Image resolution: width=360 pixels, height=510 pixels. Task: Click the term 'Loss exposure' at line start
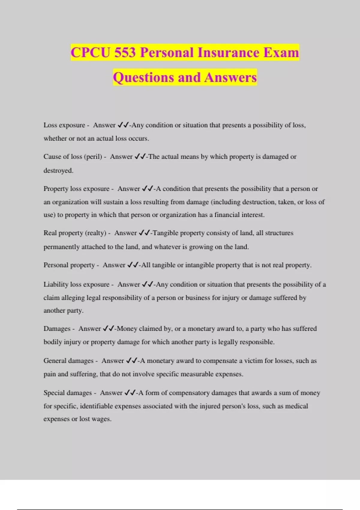(64, 125)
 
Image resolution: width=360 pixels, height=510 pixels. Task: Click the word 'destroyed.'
(58, 170)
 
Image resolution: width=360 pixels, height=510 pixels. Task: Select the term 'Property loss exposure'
(76, 189)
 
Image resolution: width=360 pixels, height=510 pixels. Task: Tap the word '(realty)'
(96, 233)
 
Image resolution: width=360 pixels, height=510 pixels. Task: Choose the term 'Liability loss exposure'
(76, 284)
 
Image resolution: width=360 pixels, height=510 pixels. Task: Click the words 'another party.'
(63, 310)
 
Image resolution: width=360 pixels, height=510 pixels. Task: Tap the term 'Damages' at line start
(57, 328)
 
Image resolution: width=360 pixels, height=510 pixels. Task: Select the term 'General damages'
(68, 361)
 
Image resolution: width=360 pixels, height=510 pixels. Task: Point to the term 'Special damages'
(67, 393)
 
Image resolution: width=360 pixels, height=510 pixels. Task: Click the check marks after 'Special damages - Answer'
(130, 393)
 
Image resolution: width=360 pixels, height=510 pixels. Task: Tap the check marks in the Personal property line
(133, 265)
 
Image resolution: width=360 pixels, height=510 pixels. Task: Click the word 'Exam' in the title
(281, 53)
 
